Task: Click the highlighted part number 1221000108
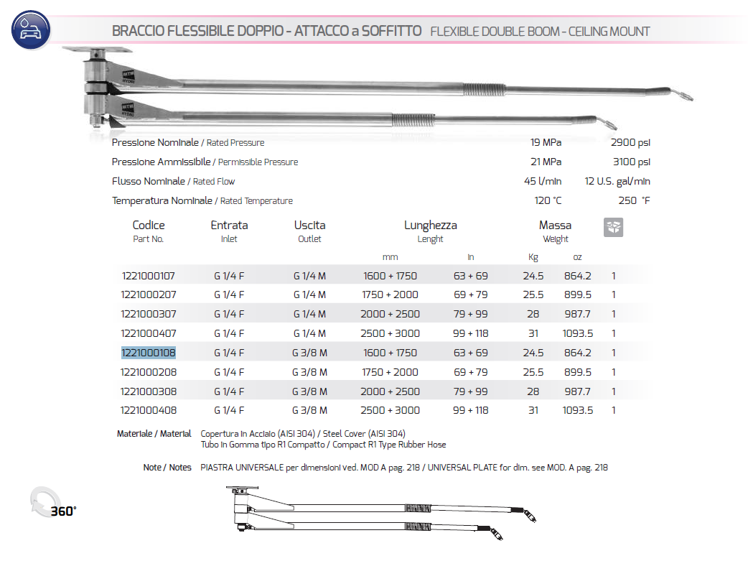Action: pos(149,353)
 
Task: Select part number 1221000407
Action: pos(149,333)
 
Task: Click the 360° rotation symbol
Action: pos(50,504)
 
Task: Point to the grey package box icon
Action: pos(613,228)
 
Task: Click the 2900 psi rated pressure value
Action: pos(631,143)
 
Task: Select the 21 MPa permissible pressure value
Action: pos(546,162)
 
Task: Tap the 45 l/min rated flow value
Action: pos(543,182)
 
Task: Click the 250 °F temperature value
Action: pos(634,201)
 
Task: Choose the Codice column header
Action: pos(149,226)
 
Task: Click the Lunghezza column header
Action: pos(430,226)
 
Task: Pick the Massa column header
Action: pos(555,226)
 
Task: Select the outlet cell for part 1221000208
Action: pos(309,372)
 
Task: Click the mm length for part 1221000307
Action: pos(390,314)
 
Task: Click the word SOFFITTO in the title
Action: pos(391,32)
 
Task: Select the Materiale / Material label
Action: pos(154,434)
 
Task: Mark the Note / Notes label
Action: pos(167,468)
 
